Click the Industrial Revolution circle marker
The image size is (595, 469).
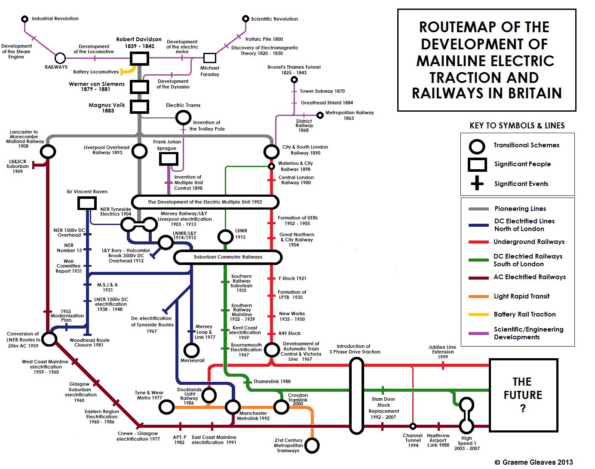pyautogui.click(x=25, y=19)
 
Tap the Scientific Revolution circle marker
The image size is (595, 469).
pyautogui.click(x=245, y=18)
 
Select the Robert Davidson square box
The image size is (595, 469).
pyautogui.click(x=140, y=58)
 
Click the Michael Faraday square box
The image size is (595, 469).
pyautogui.click(x=209, y=58)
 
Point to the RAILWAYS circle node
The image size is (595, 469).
pyautogui.click(x=60, y=58)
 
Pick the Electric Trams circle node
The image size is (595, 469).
pyautogui.click(x=183, y=118)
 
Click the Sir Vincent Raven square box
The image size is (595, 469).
pyautogui.click(x=87, y=203)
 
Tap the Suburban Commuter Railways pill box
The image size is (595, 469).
pyautogui.click(x=228, y=257)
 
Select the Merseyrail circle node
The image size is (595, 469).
pyautogui.click(x=191, y=350)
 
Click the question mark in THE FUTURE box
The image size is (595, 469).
pyautogui.click(x=523, y=408)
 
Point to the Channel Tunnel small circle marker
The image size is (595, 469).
pyautogui.click(x=413, y=426)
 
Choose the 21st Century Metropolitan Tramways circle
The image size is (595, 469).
pyautogui.click(x=312, y=445)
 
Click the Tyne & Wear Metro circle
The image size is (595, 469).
pyautogui.click(x=166, y=407)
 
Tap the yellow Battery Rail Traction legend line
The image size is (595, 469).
pyautogui.click(x=478, y=315)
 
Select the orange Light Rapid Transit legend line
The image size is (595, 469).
pyautogui.click(x=478, y=297)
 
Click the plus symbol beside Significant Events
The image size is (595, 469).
pyautogui.click(x=477, y=183)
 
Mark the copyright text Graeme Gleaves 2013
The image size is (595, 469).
pyautogui.click(x=534, y=463)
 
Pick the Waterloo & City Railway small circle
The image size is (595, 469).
pyautogui.click(x=272, y=166)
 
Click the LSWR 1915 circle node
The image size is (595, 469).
pyautogui.click(x=225, y=237)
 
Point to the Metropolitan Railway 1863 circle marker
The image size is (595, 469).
pyautogui.click(x=320, y=115)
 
